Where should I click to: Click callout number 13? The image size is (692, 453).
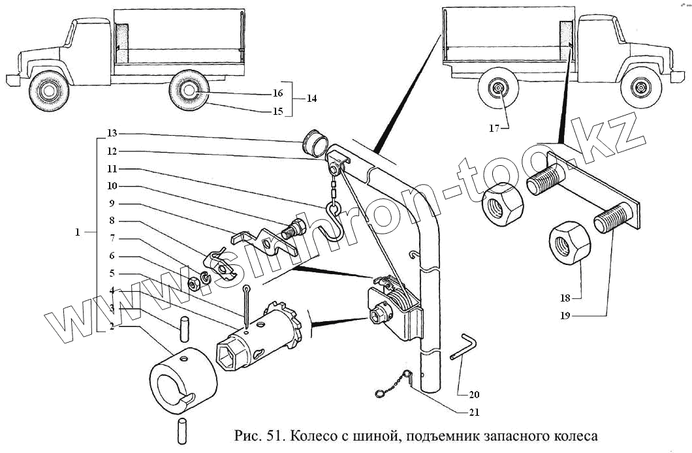112,134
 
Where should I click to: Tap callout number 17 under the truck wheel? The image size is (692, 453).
494,129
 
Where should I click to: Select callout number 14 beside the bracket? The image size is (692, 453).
311,99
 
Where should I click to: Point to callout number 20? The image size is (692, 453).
474,394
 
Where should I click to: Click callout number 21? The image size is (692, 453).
474,412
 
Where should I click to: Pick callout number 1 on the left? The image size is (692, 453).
78,232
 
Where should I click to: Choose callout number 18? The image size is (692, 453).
565,298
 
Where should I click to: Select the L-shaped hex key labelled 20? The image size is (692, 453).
465,346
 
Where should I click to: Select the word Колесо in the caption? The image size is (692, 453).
312,435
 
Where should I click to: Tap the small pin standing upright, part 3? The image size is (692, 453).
185,327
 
